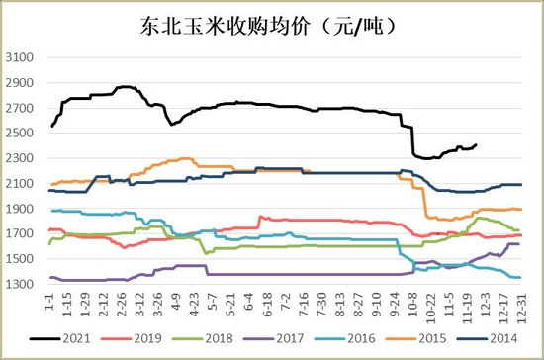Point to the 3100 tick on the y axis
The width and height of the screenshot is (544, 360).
21,57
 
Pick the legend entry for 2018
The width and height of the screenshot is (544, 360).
212,338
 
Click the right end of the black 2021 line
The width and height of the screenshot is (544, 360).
476,145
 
